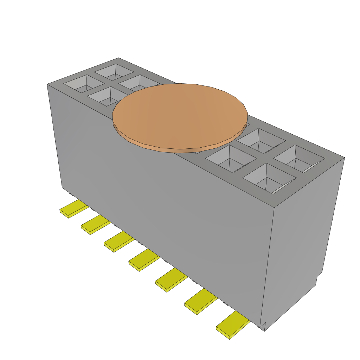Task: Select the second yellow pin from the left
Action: tap(95, 225)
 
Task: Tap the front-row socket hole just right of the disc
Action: tap(231, 159)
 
